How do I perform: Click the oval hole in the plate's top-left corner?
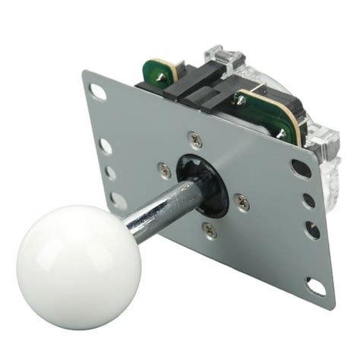98,90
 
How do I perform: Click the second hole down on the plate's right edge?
307,201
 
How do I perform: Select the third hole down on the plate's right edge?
311,228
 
